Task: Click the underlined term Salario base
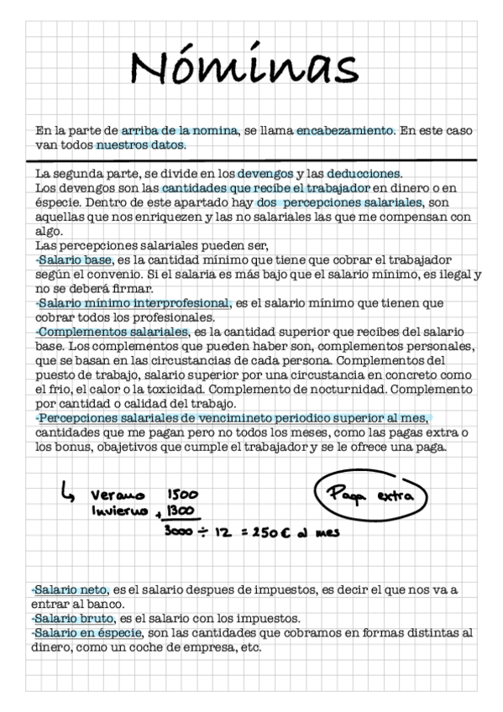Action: [75, 261]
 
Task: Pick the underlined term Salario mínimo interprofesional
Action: [134, 303]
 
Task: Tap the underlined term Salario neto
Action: [70, 590]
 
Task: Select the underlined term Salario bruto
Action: [71, 618]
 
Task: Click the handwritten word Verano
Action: [118, 495]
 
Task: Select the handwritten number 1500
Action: [182, 495]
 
